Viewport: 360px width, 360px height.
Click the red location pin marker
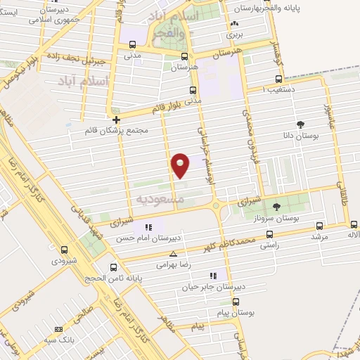181,165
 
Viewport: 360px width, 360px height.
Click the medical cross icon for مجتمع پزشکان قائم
116,120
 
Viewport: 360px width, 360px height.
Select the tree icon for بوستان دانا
301,123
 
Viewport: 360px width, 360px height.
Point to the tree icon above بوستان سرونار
276,207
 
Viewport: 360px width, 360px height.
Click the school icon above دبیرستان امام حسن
148,227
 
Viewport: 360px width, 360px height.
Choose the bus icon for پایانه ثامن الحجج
114,267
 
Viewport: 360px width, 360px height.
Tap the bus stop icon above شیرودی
64,249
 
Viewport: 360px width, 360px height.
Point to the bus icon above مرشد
320,226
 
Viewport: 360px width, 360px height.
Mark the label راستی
269,245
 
